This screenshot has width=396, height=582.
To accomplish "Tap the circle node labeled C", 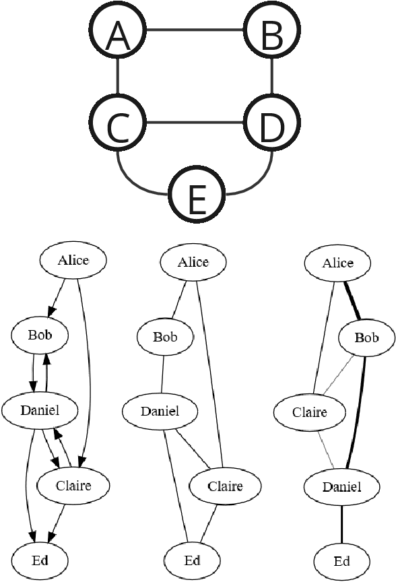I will (x=118, y=123).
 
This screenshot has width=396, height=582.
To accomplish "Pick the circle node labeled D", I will (x=271, y=123).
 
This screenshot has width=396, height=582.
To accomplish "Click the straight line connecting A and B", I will (x=195, y=30).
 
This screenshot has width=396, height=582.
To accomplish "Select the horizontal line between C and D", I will (x=195, y=123).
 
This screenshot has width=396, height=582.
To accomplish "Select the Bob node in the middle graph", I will (x=164, y=336).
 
